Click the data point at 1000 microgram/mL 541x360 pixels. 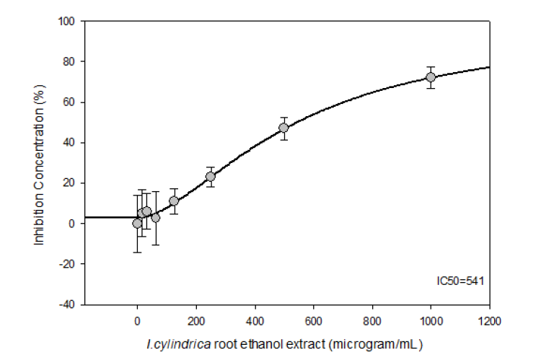(x=431, y=77)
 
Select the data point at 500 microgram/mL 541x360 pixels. (x=283, y=128)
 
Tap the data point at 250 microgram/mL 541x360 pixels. (x=210, y=176)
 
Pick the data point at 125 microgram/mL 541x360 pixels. (x=174, y=201)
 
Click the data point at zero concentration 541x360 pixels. (x=137, y=224)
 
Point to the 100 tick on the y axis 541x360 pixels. (x=69, y=22)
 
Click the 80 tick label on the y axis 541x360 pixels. (x=71, y=62)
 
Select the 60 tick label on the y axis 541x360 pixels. (x=71, y=102)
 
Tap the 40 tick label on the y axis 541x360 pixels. (x=71, y=143)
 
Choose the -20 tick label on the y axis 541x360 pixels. (x=69, y=264)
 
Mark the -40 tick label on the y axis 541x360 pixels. (x=69, y=304)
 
